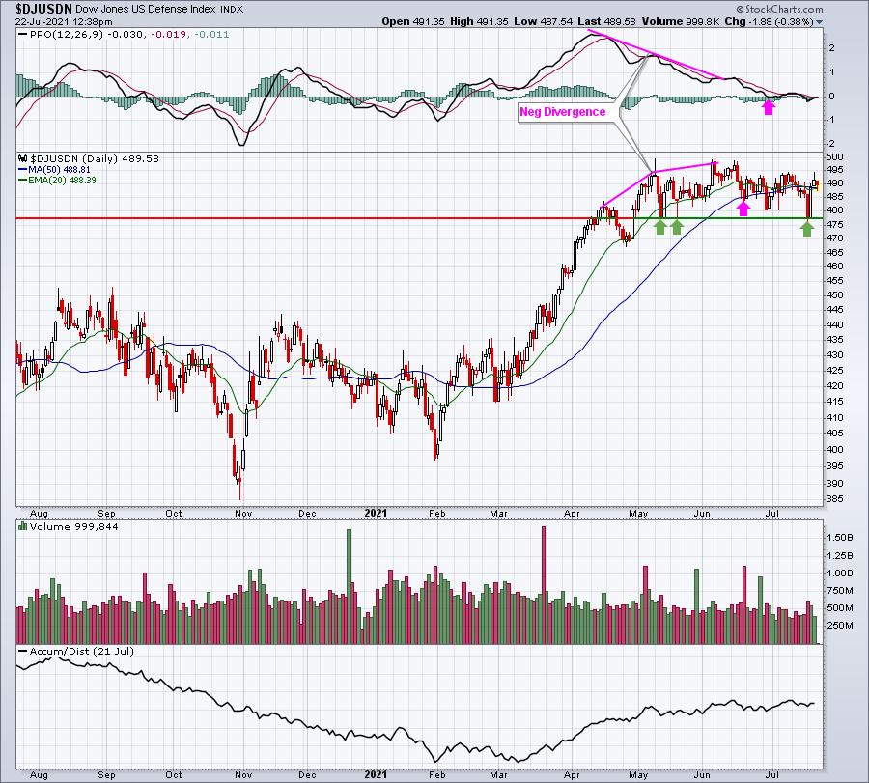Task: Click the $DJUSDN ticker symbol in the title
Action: pos(43,9)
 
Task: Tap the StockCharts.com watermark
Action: pos(780,9)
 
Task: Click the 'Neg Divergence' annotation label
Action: pos(562,112)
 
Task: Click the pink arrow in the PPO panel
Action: pos(769,106)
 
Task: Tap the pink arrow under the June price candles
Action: pos(743,208)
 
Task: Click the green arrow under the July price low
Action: pos(807,228)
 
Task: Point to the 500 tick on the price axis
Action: pos(834,156)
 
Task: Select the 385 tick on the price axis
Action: pos(834,499)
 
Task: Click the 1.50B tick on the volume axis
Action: pos(840,538)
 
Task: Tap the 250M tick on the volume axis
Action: pos(840,625)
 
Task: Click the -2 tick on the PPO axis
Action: pos(830,144)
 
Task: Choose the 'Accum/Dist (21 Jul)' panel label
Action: pos(81,651)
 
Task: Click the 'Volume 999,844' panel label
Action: pos(73,526)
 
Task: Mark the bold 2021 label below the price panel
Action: pos(376,513)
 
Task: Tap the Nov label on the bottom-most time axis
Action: pos(243,774)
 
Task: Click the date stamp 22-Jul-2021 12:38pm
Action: pos(64,21)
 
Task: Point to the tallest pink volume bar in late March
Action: pos(544,585)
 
